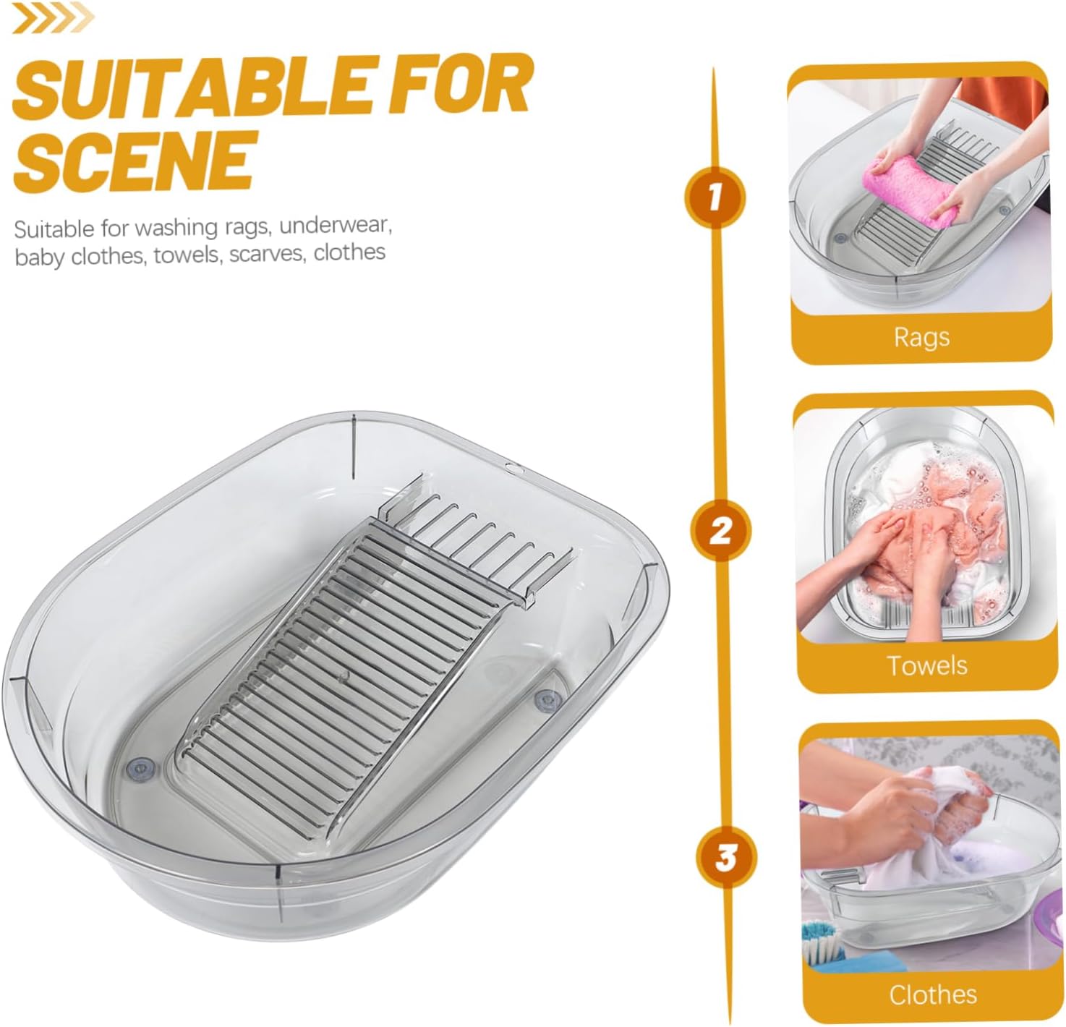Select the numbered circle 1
coord(715,196)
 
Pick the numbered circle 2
coord(720,531)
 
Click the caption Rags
coord(921,337)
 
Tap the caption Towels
coord(926,665)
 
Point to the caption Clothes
coord(932,994)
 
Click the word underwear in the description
coord(336,226)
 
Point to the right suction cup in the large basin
coord(547,699)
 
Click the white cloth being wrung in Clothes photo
coord(933,824)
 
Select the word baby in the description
coord(39,257)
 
